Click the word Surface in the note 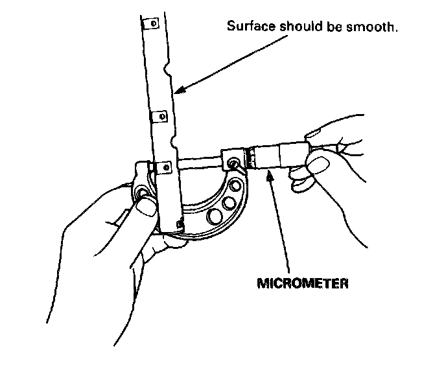pyautogui.click(x=246, y=27)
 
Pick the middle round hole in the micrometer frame pyautogui.click(x=229, y=204)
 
